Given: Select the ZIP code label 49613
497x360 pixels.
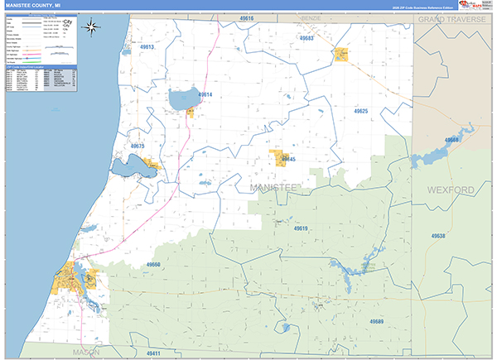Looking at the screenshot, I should click(147, 47).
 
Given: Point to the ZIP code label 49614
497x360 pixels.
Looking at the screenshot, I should click(205, 94).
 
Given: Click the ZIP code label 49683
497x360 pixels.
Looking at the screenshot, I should click(306, 38).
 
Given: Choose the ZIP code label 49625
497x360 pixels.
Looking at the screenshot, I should click(360, 110).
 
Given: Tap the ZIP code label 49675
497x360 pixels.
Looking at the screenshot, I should click(138, 146).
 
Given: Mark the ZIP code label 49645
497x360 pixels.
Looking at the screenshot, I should click(288, 159).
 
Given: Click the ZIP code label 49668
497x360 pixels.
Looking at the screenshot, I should click(451, 140).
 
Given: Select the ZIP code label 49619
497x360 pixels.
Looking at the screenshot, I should click(300, 228).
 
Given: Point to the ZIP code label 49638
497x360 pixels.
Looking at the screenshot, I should click(438, 236).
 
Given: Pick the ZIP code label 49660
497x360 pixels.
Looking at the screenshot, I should click(153, 265).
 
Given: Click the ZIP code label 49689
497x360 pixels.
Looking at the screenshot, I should click(377, 320).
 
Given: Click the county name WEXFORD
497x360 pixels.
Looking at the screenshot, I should click(451, 190).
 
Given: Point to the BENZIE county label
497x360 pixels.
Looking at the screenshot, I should click(311, 17).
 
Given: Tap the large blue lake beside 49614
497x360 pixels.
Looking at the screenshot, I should click(182, 100).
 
